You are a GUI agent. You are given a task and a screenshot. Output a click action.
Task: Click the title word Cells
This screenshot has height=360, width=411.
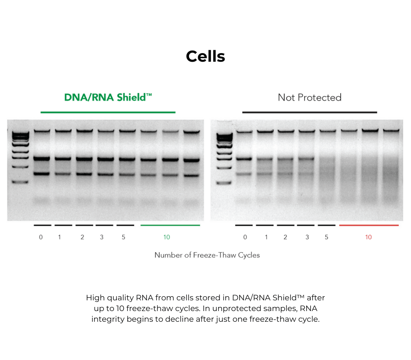[x=205, y=56]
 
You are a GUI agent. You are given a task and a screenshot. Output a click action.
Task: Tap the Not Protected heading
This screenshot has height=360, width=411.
[x=309, y=98]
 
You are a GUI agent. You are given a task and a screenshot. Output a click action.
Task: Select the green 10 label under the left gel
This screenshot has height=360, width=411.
[x=166, y=237]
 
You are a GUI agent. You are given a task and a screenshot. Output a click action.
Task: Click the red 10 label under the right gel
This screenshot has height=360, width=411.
[x=368, y=237]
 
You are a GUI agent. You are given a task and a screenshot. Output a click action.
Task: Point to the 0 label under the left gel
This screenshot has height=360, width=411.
[x=41, y=237]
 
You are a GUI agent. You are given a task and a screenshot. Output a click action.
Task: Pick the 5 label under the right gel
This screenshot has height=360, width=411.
[x=326, y=237]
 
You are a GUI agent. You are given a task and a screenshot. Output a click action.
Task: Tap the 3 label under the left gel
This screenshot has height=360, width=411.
[x=102, y=237]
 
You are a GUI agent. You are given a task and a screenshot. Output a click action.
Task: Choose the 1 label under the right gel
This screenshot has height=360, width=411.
[x=266, y=237]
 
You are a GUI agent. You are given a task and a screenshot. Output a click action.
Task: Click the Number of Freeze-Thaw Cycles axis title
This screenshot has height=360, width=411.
[x=207, y=255]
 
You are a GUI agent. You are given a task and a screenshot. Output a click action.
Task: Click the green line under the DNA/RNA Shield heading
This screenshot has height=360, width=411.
[x=108, y=112]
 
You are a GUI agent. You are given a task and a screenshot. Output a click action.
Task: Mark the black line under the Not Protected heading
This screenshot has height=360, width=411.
[x=309, y=112]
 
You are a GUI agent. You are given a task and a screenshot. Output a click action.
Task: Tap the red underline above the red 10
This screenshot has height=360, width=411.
[x=369, y=225]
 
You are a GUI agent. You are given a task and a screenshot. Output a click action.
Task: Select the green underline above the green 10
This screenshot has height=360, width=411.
[x=170, y=225]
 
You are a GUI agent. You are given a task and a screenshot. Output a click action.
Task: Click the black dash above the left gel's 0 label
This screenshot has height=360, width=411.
[x=42, y=225]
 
